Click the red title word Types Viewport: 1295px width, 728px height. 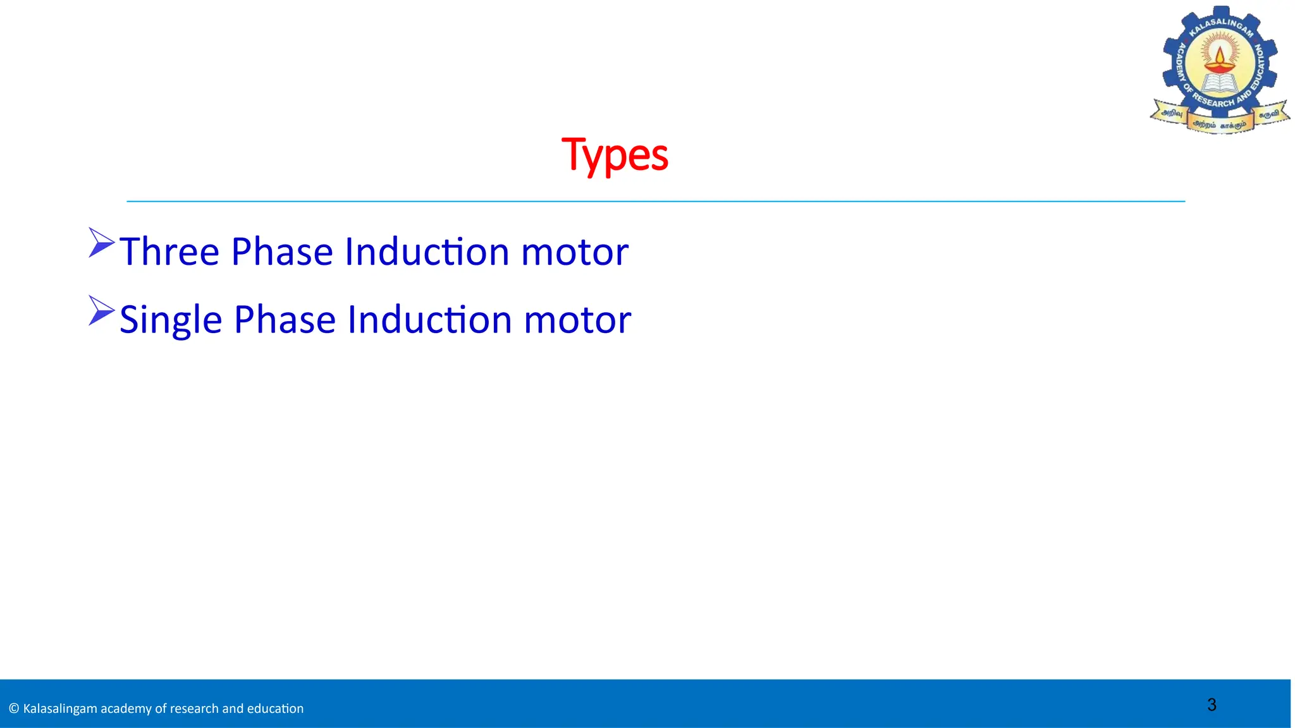pyautogui.click(x=615, y=155)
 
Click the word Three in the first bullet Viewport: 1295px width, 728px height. pyautogui.click(x=169, y=252)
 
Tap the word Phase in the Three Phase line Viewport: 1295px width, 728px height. pyautogui.click(x=281, y=252)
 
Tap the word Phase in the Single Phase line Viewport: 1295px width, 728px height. pyautogui.click(x=285, y=320)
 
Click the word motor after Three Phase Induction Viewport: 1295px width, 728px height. pyautogui.click(x=574, y=252)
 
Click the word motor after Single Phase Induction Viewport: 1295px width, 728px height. pyautogui.click(x=577, y=320)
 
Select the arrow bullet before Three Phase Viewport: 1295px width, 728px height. pyautogui.click(x=101, y=243)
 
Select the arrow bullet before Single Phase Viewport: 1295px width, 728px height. pyautogui.click(x=101, y=310)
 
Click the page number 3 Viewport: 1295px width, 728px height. pyautogui.click(x=1212, y=705)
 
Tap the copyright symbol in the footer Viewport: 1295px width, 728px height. pyautogui.click(x=14, y=708)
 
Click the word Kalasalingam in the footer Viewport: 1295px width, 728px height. pyautogui.click(x=60, y=708)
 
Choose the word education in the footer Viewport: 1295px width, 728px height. pyautogui.click(x=275, y=708)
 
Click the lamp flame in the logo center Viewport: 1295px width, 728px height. pyautogui.click(x=1220, y=54)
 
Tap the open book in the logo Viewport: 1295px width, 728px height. pyautogui.click(x=1220, y=85)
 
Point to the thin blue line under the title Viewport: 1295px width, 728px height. pyautogui.click(x=656, y=202)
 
